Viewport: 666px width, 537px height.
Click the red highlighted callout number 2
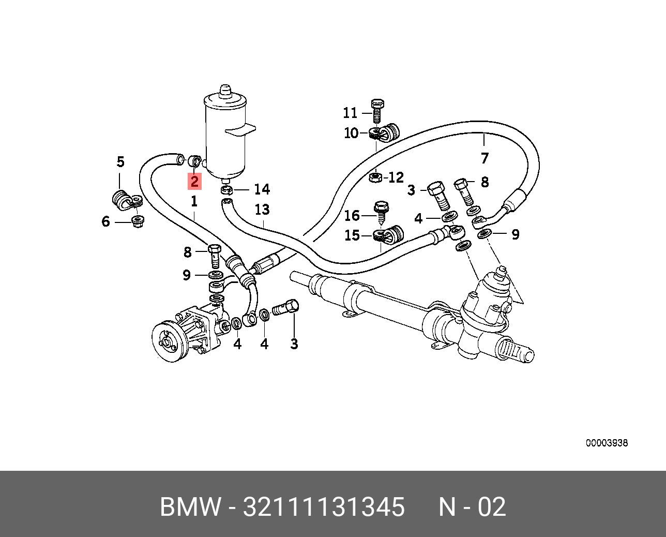(x=194, y=181)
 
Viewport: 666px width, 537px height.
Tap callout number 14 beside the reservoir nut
(x=262, y=189)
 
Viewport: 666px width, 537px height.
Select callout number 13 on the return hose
(x=262, y=210)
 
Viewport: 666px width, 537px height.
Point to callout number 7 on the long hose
(x=485, y=158)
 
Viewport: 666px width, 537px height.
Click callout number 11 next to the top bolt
(x=350, y=113)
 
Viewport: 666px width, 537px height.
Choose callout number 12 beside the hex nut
(x=396, y=178)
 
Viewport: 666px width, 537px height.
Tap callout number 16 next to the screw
(x=352, y=215)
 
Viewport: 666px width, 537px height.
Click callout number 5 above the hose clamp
(x=120, y=162)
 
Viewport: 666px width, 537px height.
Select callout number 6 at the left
(x=106, y=222)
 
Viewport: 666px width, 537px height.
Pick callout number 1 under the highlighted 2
(x=194, y=201)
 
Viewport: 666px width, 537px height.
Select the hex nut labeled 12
(x=375, y=178)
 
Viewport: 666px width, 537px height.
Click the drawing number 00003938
(x=607, y=443)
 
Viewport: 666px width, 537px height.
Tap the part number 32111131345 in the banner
(x=324, y=507)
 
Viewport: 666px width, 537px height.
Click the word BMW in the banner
(x=190, y=507)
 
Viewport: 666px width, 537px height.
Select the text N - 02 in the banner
(x=472, y=507)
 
